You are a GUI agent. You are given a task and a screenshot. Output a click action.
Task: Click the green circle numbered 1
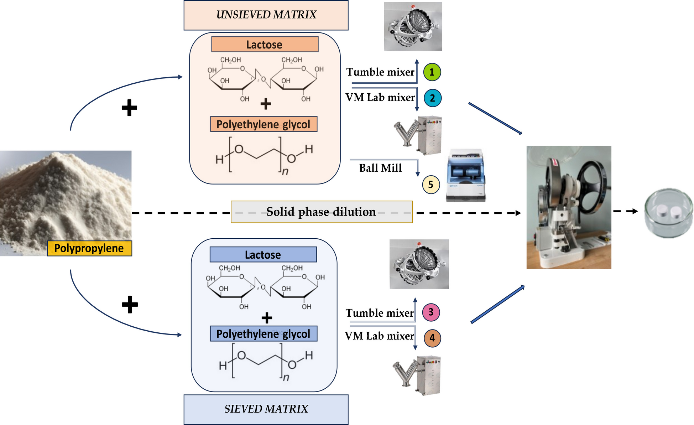pos(432,72)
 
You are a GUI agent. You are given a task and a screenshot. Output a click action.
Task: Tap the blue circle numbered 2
pos(433,98)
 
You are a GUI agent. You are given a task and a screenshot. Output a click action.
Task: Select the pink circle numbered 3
pos(431,312)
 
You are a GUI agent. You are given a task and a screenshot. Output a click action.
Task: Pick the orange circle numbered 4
pos(432,338)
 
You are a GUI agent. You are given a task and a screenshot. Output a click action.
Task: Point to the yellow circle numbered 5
pos(431,185)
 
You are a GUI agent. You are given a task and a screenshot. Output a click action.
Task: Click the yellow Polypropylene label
pos(89,248)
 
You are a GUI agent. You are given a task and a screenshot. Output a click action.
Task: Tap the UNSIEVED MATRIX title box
pos(266,15)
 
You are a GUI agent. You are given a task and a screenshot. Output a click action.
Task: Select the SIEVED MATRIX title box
pos(266,409)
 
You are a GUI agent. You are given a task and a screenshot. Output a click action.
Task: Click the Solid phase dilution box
pos(321,212)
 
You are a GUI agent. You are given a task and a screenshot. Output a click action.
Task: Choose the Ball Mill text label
pos(380,168)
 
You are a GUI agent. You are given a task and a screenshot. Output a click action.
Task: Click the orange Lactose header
pos(265,45)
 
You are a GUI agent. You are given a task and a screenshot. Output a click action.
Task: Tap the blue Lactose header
pos(263,255)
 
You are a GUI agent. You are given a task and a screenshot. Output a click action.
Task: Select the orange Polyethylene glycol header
pos(263,124)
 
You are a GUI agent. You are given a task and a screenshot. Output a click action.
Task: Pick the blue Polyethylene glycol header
pos(263,334)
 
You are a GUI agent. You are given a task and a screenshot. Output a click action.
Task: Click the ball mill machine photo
pos(466,175)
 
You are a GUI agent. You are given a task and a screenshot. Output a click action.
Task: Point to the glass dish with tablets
pos(669,213)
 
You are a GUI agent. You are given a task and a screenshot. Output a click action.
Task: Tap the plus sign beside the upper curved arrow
pos(129,108)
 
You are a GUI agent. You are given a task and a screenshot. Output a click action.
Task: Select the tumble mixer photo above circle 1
pos(413,27)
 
